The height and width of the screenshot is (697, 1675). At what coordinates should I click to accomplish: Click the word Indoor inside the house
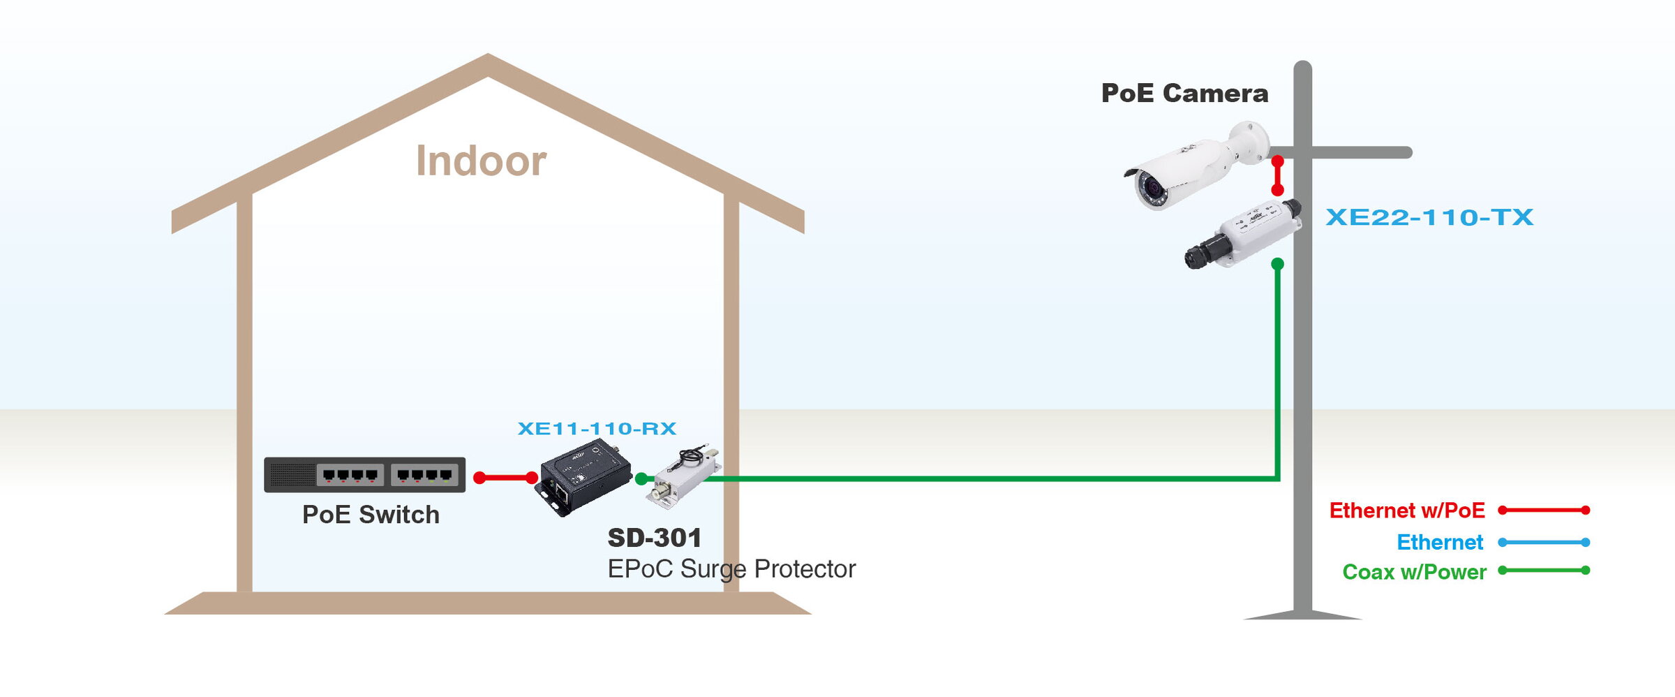pyautogui.click(x=481, y=161)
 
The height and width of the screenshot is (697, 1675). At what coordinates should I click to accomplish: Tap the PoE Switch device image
pyautogui.click(x=364, y=475)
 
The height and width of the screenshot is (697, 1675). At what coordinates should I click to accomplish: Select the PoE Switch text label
pyautogui.click(x=371, y=515)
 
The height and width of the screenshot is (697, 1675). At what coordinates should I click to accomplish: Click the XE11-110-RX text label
pyautogui.click(x=597, y=428)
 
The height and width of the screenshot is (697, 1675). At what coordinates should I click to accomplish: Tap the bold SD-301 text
pyautogui.click(x=655, y=538)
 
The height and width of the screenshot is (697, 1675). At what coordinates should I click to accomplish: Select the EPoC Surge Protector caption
pyautogui.click(x=731, y=569)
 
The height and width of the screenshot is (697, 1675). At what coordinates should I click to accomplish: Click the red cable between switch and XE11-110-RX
pyautogui.click(x=505, y=478)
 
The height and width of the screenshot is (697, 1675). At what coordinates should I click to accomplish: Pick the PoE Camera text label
pyautogui.click(x=1184, y=94)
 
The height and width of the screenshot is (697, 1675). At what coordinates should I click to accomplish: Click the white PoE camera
pyautogui.click(x=1196, y=166)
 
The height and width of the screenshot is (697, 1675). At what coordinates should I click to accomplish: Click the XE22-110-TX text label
pyautogui.click(x=1429, y=217)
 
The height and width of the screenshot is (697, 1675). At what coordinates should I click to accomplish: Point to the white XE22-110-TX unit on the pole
pyautogui.click(x=1243, y=233)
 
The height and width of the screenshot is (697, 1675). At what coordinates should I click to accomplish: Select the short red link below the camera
pyautogui.click(x=1278, y=175)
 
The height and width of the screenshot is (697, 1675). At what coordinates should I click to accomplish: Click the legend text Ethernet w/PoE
pyautogui.click(x=1407, y=511)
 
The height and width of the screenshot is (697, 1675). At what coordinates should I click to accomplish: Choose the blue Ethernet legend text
pyautogui.click(x=1440, y=542)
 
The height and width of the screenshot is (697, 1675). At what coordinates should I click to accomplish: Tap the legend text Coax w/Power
pyautogui.click(x=1415, y=572)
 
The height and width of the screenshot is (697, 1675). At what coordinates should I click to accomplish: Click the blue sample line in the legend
pyautogui.click(x=1544, y=543)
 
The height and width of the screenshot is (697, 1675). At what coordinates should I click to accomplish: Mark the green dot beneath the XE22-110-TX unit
pyautogui.click(x=1278, y=264)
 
